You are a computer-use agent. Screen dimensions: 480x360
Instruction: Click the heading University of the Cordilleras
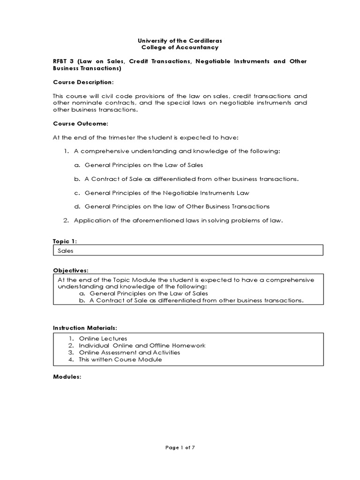coord(180,40)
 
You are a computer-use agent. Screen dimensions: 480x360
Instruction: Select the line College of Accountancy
coord(180,47)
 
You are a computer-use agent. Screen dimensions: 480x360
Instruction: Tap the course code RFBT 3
coord(62,61)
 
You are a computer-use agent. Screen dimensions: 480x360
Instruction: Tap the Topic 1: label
coord(65,241)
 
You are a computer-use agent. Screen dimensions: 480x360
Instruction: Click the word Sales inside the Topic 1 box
coord(66,251)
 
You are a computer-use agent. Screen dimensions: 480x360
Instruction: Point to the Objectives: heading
coord(70,270)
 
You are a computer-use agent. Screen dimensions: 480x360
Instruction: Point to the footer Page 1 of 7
coord(180,448)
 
